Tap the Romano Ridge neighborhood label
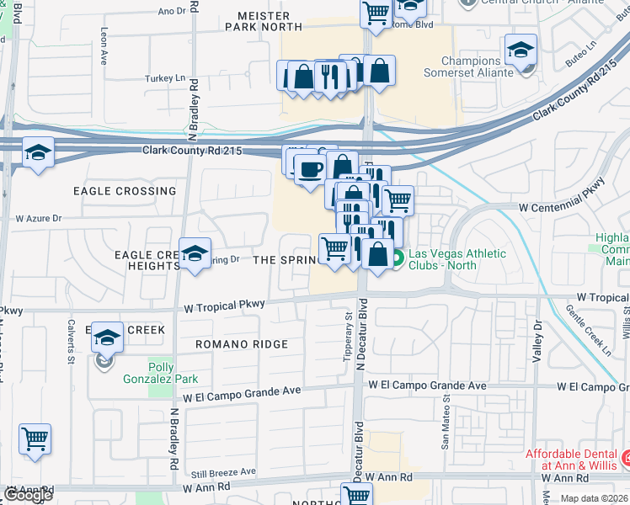coord(242,344)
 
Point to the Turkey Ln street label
coord(165,78)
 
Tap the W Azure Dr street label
coord(40,218)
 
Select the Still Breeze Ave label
coord(224,472)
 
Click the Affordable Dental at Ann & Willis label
coord(569,460)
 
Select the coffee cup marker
coord(309,168)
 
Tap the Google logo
coord(27,495)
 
